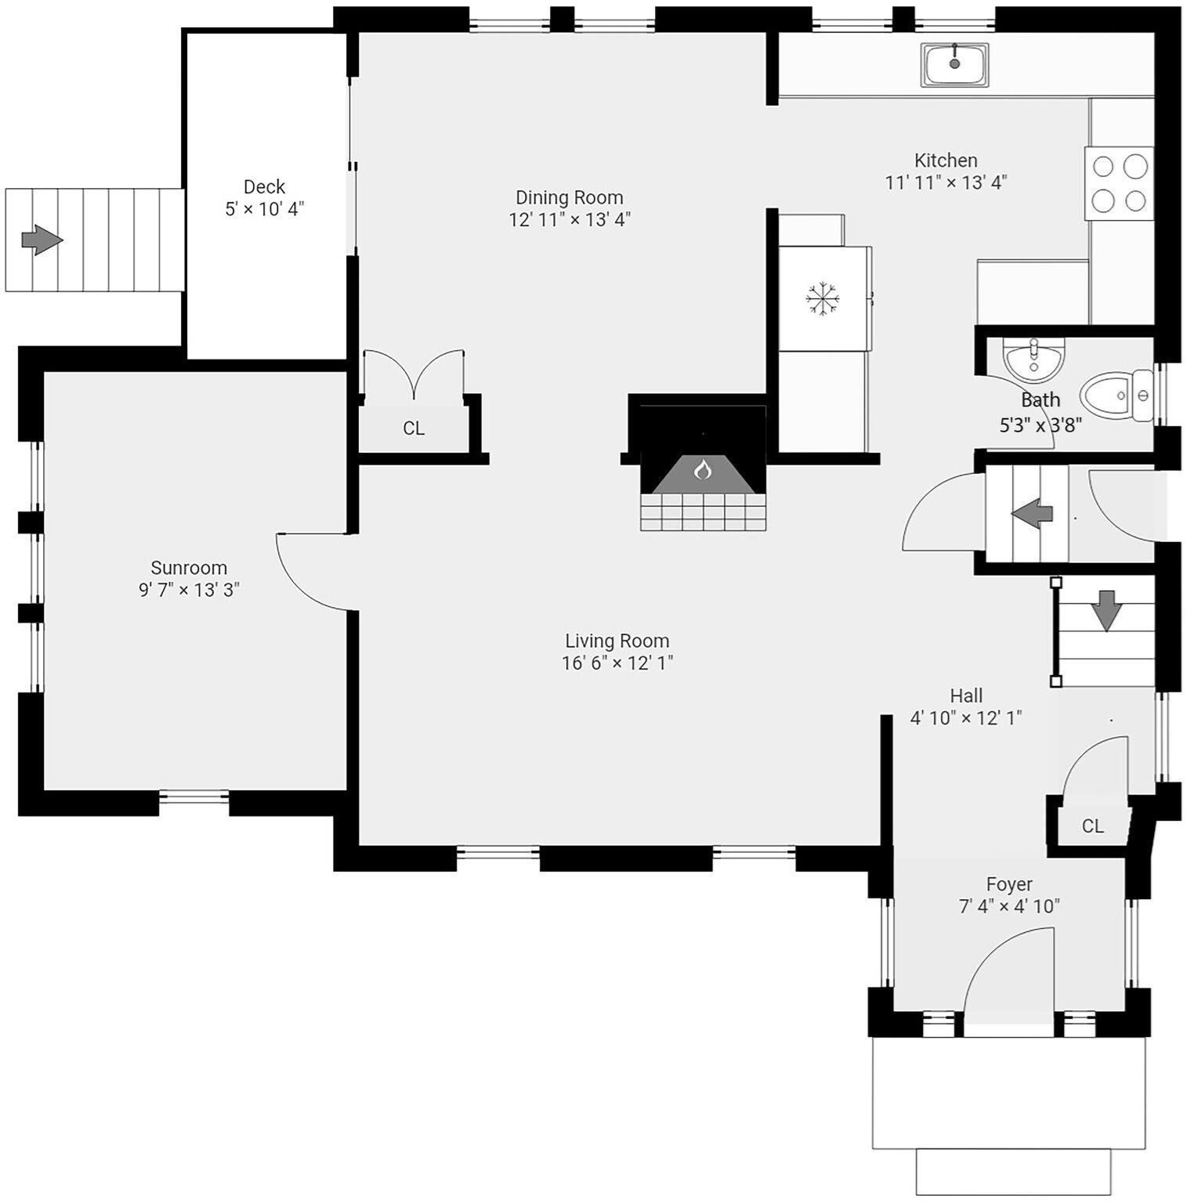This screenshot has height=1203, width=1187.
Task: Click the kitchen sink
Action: [954, 64]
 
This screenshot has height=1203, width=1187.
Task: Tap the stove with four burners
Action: [1119, 183]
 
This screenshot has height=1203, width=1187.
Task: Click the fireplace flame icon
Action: [703, 470]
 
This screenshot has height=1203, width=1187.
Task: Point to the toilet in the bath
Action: [1116, 396]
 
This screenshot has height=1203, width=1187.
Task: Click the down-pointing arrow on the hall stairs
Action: [1106, 610]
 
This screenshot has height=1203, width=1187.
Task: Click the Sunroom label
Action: [189, 568]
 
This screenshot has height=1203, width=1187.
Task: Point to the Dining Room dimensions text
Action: [570, 219]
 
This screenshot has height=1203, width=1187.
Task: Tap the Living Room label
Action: [617, 641]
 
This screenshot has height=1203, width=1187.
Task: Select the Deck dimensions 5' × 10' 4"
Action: [265, 209]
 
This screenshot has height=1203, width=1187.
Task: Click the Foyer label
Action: [1009, 884]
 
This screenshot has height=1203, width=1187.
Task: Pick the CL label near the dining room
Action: [414, 428]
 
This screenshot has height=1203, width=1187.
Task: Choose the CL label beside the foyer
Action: [1092, 826]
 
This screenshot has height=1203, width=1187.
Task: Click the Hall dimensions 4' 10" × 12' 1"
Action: [966, 717]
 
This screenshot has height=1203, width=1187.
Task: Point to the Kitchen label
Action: [946, 161]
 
